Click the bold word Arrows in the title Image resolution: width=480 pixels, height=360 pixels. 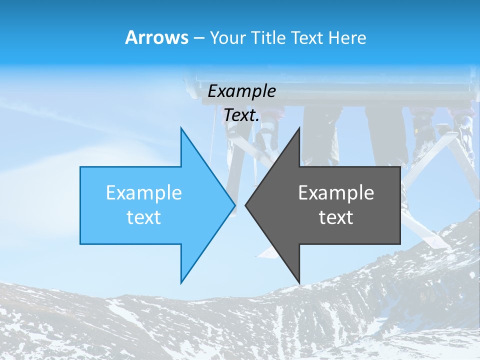pos(157,37)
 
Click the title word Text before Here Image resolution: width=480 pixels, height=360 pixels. pos(308,38)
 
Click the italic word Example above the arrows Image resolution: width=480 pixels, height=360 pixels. pos(241,91)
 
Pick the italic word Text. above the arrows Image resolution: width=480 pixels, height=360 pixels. pos(241,115)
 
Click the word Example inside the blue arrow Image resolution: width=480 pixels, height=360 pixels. pos(143,193)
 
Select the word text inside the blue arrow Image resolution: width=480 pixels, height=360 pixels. pos(143,217)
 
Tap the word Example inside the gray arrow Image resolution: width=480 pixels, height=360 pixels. pos(336,193)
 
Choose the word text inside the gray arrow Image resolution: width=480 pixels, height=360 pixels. pos(336,217)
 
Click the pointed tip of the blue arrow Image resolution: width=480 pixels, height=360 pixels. pos(235,205)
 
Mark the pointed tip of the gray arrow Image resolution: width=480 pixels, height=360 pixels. pos(245,205)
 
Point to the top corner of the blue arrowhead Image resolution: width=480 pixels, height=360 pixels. pos(181,128)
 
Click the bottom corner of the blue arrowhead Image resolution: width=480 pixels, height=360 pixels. pos(181,283)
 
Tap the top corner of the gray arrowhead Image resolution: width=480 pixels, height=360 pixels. pos(299,128)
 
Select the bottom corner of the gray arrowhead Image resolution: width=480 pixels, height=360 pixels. pos(299,283)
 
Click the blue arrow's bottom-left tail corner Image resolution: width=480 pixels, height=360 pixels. pos(80,244)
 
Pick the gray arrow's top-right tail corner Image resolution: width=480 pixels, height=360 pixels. pos(400,167)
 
